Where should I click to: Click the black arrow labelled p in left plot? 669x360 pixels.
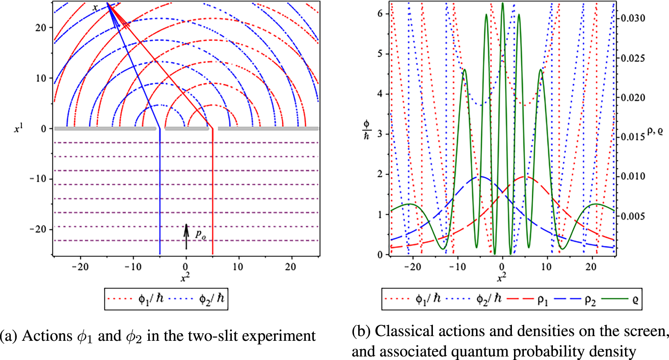(186, 236)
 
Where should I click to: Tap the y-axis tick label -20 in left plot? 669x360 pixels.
(38, 229)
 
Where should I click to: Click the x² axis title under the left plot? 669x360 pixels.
(185, 278)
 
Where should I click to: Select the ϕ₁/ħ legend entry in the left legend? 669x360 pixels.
(135, 299)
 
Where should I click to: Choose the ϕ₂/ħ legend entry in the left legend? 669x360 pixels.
(196, 299)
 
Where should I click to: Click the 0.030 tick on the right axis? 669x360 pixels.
(633, 18)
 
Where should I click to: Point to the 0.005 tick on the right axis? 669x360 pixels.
(633, 216)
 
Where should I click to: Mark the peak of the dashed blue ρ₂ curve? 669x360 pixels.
(480, 176)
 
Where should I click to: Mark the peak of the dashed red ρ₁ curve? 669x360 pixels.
(525, 176)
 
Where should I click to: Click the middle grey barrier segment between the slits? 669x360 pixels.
(187, 128)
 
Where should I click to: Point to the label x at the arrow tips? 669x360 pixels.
(95, 7)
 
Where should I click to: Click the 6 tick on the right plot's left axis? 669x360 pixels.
(380, 13)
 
